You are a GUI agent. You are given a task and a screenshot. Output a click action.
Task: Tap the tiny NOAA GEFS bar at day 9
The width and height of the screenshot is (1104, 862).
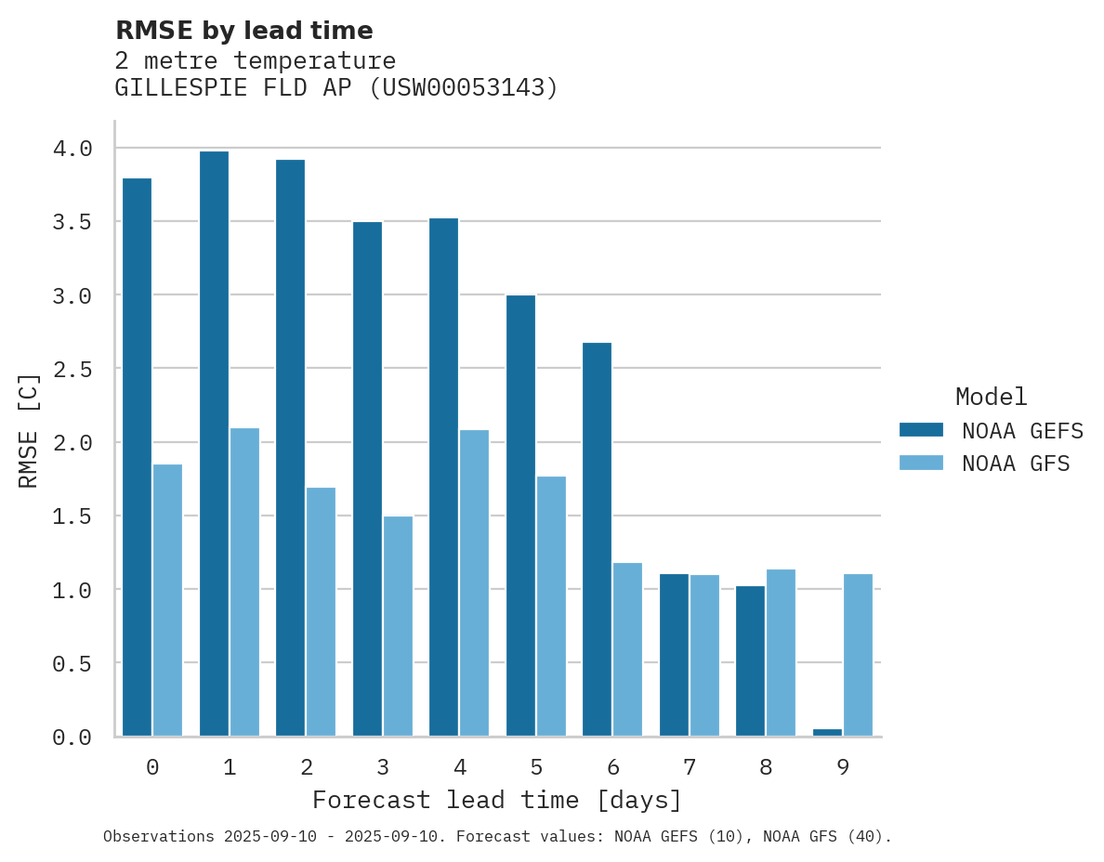[827, 733]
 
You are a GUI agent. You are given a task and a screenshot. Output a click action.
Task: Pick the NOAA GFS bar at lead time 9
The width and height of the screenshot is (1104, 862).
[858, 655]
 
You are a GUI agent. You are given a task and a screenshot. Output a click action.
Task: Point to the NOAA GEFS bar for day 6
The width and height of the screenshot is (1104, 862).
[597, 540]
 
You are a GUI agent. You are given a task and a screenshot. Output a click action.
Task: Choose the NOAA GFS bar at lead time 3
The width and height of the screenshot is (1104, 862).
[398, 626]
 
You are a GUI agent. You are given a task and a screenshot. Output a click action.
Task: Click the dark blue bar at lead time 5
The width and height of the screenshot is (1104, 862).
[520, 516]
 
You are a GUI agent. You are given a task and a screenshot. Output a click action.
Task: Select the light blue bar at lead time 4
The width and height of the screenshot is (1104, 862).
[474, 583]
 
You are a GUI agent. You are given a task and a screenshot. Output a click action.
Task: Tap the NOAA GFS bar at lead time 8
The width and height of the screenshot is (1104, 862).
[781, 653]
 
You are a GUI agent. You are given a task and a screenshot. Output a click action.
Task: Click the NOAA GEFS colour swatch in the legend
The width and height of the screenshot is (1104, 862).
[921, 430]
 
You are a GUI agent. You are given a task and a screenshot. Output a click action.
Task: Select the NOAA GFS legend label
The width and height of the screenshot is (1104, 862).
[1016, 464]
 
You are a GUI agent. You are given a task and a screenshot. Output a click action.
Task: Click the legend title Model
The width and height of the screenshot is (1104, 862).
[991, 398]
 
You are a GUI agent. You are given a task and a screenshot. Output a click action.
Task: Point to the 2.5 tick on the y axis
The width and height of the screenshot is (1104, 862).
[72, 369]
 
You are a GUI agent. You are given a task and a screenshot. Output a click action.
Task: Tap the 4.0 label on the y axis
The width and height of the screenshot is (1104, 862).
[72, 149]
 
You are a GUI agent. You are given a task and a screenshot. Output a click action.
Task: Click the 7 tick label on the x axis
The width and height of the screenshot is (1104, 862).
[689, 767]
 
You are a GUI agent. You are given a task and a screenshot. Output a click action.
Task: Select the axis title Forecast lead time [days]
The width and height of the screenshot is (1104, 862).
[497, 801]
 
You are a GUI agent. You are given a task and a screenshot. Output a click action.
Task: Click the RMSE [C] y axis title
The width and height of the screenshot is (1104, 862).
[29, 430]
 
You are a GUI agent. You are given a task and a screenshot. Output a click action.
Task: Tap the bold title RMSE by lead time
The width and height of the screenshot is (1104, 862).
[243, 32]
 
